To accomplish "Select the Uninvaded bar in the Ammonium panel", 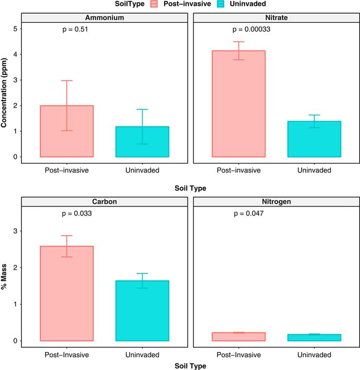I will [142, 142].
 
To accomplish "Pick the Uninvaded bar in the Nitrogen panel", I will [314, 337].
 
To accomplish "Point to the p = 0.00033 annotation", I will [250, 29].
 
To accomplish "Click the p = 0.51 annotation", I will [75, 29].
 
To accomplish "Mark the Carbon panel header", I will [104, 201].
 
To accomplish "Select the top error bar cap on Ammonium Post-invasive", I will [67, 81].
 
